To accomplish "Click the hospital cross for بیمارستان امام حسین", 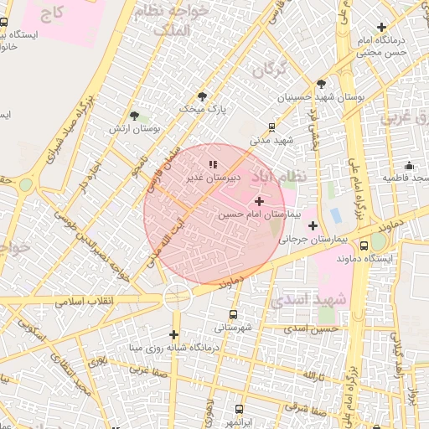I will pyautogui.click(x=259, y=201).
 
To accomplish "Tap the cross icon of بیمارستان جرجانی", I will pyautogui.click(x=313, y=225).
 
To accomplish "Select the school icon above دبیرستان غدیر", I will pyautogui.click(x=213, y=164).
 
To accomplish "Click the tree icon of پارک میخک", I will pyautogui.click(x=201, y=96).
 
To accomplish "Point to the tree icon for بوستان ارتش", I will pyautogui.click(x=134, y=116).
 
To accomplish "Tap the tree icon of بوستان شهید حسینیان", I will pyautogui.click(x=321, y=84).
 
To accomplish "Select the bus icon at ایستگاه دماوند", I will pyautogui.click(x=364, y=246).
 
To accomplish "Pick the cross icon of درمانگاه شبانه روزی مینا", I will pyautogui.click(x=174, y=333).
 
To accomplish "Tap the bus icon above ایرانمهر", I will pyautogui.click(x=240, y=409).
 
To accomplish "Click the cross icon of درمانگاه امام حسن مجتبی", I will pyautogui.click(x=381, y=28).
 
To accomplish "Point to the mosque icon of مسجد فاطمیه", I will pyautogui.click(x=409, y=165).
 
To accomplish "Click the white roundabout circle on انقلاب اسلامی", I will pyautogui.click(x=178, y=294).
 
